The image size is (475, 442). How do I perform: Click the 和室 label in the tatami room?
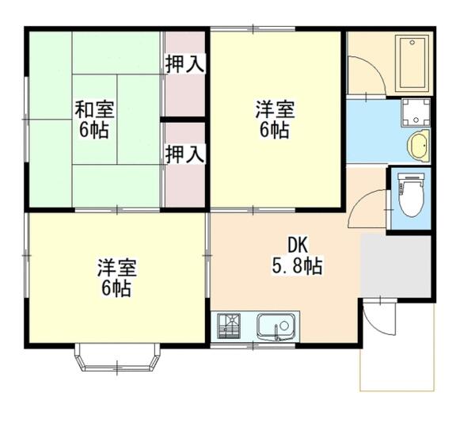93,107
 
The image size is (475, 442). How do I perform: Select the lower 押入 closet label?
184,154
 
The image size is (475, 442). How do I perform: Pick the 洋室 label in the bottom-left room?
116,266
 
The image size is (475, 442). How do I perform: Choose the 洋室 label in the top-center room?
275,107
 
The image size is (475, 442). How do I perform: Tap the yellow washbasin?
417,146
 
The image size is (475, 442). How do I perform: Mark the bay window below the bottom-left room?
116,358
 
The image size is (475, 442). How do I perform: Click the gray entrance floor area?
394,266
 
